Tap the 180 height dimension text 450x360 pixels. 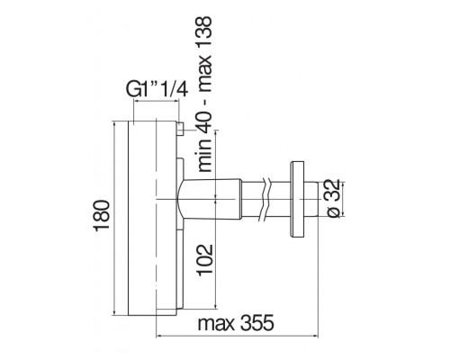point(99,215)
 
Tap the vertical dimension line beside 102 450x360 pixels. point(218,262)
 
